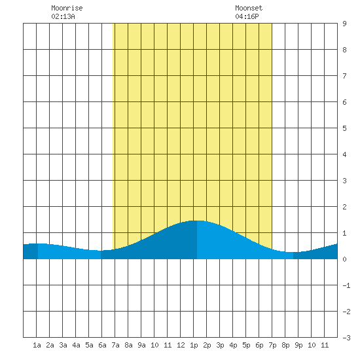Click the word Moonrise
(x=67, y=8)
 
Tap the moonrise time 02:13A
(x=63, y=16)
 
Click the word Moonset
(x=249, y=8)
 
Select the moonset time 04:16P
(x=247, y=16)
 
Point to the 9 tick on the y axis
(x=344, y=24)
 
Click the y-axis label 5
(x=344, y=128)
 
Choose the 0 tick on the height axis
(x=344, y=259)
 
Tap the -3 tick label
(x=346, y=338)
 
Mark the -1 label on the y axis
(x=346, y=285)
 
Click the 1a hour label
(x=37, y=345)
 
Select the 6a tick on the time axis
(x=102, y=345)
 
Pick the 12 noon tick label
(x=181, y=345)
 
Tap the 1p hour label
(x=194, y=346)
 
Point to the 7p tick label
(x=272, y=346)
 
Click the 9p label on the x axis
(x=298, y=346)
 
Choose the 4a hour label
(x=76, y=345)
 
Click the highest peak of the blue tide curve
(x=197, y=221)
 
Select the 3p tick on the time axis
(x=220, y=346)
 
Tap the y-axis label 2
(x=344, y=207)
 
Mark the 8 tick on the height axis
(x=344, y=50)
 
